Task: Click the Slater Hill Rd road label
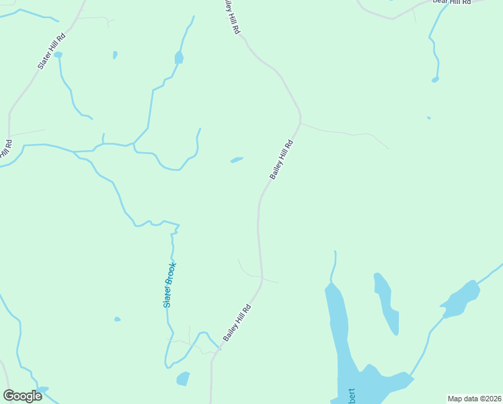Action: point(52,51)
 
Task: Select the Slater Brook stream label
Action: point(169,285)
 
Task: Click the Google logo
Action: point(22,396)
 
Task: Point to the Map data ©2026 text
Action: point(474,399)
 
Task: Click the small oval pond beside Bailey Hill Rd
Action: point(237,160)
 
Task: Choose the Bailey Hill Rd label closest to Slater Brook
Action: point(237,323)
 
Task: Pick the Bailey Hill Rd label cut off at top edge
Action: point(231,18)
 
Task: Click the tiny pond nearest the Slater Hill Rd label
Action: point(59,55)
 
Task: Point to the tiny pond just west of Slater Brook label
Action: point(118,319)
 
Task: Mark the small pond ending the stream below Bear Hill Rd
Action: point(435,79)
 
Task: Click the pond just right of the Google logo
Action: point(43,389)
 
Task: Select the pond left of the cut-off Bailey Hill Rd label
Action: point(179,58)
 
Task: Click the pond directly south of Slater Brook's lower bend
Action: point(183,379)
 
